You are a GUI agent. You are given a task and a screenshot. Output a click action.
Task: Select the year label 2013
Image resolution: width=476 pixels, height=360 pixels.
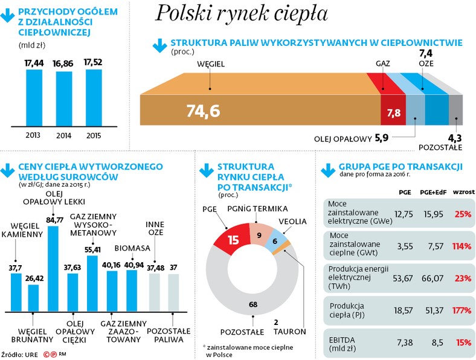click(34, 135)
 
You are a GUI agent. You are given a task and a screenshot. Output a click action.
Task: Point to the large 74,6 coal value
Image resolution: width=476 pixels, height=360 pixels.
click(203, 111)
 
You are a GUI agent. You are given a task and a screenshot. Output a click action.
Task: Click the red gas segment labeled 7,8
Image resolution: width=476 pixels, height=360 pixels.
click(393, 112)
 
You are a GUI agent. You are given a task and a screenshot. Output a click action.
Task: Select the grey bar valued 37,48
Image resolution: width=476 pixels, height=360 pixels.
click(155, 292)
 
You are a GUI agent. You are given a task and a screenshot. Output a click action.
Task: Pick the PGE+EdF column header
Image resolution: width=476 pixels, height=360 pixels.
click(431, 192)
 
